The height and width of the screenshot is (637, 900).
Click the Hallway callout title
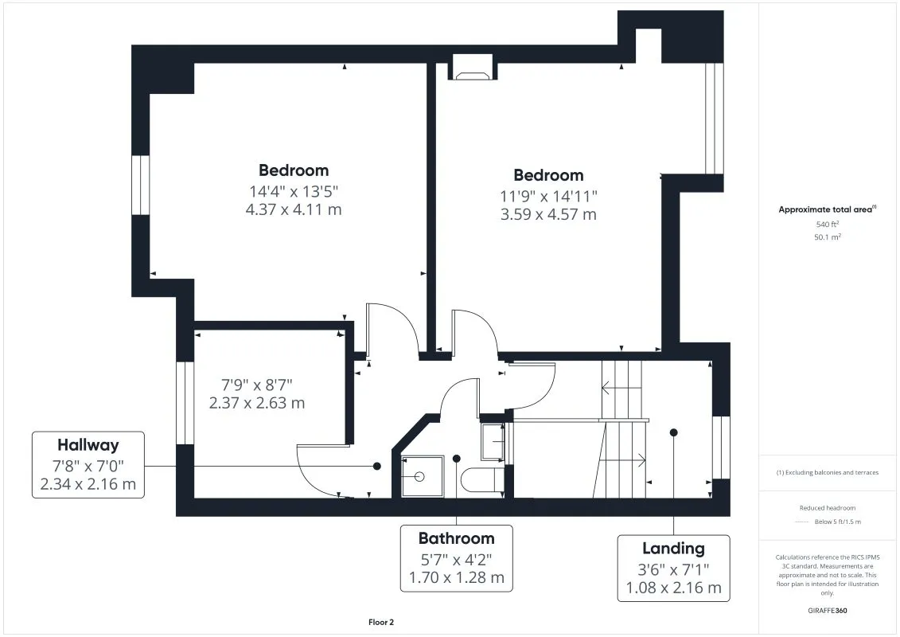[88, 445]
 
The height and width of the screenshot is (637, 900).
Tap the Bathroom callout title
[456, 538]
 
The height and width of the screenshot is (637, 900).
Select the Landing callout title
[673, 549]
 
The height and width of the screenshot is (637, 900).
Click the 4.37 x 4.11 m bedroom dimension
[294, 209]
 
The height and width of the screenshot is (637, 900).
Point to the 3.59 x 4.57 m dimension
[548, 214]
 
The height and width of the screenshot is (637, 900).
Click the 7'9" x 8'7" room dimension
[256, 385]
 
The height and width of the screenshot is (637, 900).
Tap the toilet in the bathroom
[482, 480]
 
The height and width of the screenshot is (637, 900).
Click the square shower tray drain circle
[419, 476]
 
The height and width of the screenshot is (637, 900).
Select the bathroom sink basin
[493, 441]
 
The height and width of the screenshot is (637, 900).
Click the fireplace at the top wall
[473, 67]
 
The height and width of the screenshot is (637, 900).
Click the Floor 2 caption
[381, 622]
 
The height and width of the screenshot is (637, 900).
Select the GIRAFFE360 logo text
[827, 611]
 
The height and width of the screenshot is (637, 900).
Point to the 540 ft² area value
[827, 224]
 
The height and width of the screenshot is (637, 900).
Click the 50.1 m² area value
[827, 236]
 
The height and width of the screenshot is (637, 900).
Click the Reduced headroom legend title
[827, 508]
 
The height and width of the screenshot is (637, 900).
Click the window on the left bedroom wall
[141, 185]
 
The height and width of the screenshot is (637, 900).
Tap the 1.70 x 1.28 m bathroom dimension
[456, 577]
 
